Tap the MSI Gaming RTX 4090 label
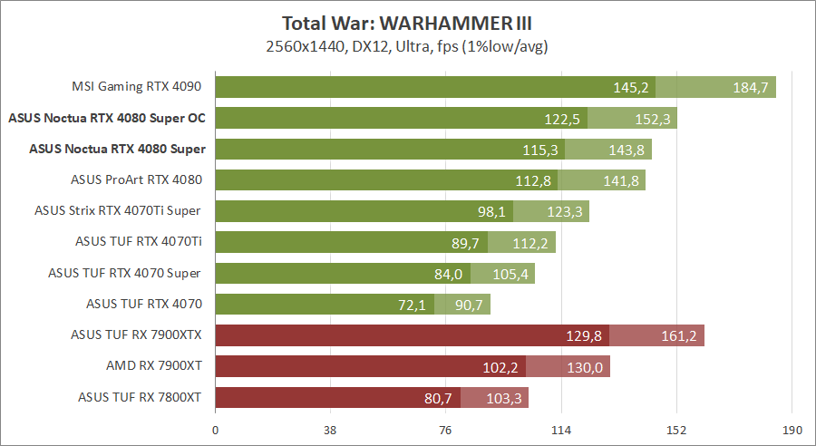pos(136,87)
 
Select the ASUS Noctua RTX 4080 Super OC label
pos(106,118)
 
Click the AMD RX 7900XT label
pos(154,365)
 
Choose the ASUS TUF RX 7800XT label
pos(140,396)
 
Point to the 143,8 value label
pos(626,150)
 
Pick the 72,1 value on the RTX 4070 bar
pos(411,305)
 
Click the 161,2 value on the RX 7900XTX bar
pos(679,336)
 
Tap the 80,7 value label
pos(437,398)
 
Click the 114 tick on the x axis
pos(561,431)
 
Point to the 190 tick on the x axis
pos(792,431)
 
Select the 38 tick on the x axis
pos(331,431)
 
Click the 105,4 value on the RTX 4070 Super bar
pos(509,274)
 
